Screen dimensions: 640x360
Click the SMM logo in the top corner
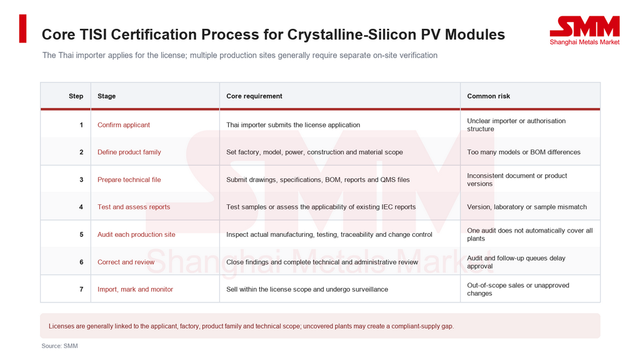[x=584, y=31]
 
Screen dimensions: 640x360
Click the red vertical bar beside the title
[x=23, y=29]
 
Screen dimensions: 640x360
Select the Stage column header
[x=106, y=96]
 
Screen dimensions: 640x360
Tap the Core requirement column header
[x=254, y=96]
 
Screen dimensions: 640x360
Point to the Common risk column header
[x=489, y=96]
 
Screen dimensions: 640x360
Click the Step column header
[x=76, y=96]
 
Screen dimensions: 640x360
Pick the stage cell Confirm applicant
[x=124, y=125]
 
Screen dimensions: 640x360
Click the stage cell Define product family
[x=129, y=152]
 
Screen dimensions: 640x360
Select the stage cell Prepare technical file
[x=129, y=179]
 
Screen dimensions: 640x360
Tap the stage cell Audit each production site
[x=136, y=235]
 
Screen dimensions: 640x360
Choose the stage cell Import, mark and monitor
[x=135, y=289]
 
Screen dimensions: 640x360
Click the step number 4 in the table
[x=81, y=207]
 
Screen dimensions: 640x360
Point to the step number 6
[x=81, y=262]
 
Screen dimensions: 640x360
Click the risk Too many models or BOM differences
[x=524, y=152]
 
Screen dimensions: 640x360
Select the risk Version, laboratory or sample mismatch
[x=527, y=207]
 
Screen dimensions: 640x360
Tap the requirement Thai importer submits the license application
[x=293, y=125]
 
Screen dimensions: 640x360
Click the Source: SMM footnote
[x=59, y=346]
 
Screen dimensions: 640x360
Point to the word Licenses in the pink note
[x=61, y=326]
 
